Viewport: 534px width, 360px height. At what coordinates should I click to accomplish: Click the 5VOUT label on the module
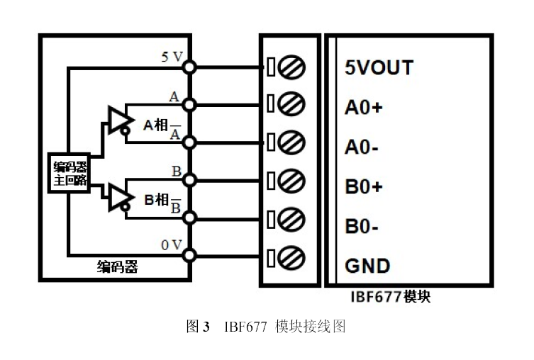click(x=378, y=68)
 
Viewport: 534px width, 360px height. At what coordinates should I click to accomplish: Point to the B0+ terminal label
click(x=363, y=187)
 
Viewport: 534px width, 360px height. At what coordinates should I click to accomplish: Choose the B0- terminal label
click(x=361, y=227)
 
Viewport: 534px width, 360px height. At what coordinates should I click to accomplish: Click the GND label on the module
click(x=367, y=266)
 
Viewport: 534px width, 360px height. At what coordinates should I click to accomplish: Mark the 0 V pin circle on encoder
click(x=189, y=254)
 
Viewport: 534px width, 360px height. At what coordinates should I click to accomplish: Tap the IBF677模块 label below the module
click(x=390, y=297)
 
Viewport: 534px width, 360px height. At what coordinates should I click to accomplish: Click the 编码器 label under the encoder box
click(x=117, y=268)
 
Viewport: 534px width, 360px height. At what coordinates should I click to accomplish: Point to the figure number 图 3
click(x=198, y=327)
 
